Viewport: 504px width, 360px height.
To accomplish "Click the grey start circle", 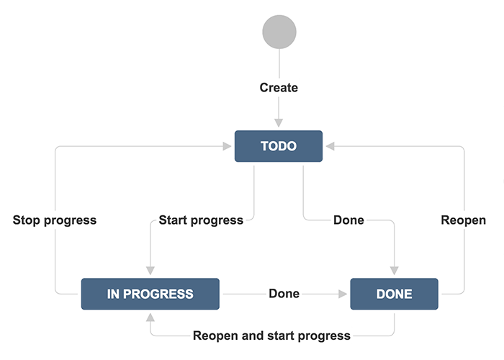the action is coord(279,32).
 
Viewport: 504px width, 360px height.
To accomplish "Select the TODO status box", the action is coord(279,146).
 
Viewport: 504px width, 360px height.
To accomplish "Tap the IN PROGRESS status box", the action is coord(150,294).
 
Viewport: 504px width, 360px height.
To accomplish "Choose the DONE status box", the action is coord(394,294).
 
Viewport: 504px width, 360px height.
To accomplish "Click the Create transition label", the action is coord(279,87).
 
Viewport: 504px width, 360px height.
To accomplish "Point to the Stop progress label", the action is coord(55,220).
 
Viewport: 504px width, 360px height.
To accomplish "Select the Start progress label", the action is coord(201,220).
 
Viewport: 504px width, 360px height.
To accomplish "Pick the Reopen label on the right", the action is coord(463,220).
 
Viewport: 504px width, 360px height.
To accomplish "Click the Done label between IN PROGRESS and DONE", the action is coord(284,294).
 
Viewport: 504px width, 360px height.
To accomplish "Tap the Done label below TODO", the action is coord(348,220).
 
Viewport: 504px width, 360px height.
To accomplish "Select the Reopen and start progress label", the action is coord(271,336).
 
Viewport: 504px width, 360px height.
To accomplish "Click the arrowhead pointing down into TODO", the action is coord(279,123).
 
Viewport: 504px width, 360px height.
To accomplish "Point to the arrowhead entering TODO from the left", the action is coord(227,146).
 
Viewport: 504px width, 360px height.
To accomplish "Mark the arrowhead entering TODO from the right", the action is coord(330,146).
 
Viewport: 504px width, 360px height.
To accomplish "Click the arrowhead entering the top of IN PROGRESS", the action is coord(150,271).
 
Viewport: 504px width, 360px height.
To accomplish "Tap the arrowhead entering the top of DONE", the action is coord(395,271).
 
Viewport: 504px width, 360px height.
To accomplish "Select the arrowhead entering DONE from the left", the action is coord(343,294).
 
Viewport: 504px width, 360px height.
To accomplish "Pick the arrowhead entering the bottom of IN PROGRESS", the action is coord(150,318).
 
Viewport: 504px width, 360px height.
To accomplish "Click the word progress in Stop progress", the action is coord(70,221).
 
